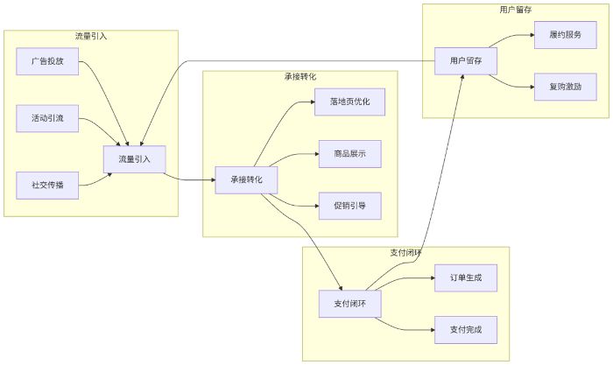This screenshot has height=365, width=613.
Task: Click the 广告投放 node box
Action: (47, 61)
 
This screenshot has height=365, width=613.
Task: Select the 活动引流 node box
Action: (47, 118)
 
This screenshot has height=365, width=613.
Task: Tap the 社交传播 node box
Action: (47, 185)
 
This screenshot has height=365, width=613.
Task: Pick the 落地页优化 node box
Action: (349, 102)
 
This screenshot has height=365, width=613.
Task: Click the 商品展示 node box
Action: (349, 153)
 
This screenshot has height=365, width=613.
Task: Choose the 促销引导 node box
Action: (349, 205)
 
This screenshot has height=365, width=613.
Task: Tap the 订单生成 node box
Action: (466, 277)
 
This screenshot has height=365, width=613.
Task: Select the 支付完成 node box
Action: (466, 329)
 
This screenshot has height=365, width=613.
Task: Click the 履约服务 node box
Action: (566, 35)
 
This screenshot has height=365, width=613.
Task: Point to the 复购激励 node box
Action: (566, 87)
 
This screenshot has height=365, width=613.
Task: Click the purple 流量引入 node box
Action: (135, 158)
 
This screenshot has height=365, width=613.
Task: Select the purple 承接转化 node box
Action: (247, 179)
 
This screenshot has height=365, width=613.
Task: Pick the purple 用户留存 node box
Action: (466, 61)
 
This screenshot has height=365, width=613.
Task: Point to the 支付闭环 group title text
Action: (405, 252)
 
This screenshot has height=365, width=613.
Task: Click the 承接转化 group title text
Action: (300, 77)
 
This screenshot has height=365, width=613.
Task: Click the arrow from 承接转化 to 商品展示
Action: (298, 155)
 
